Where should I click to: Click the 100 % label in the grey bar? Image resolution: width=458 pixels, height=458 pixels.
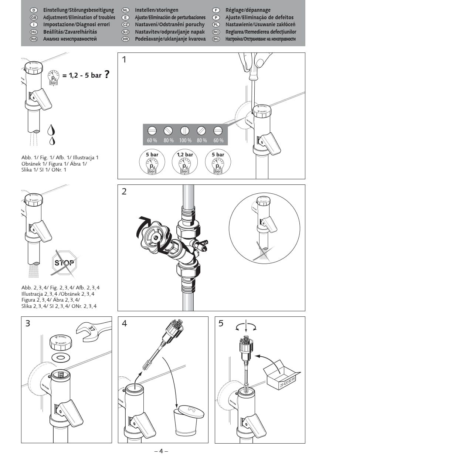point(185,140)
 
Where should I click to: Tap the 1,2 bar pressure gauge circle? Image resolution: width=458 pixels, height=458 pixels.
point(185,162)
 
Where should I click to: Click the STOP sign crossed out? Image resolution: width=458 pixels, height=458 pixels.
point(65,263)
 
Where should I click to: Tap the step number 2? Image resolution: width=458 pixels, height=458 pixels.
point(124,191)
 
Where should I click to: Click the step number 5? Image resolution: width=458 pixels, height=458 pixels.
point(221,323)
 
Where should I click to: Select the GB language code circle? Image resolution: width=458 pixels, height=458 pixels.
point(34,17)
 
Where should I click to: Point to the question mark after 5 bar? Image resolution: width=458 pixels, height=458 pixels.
point(107,75)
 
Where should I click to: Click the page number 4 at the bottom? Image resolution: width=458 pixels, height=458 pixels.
point(161,451)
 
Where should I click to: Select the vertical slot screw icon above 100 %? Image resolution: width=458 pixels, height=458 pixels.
point(184,130)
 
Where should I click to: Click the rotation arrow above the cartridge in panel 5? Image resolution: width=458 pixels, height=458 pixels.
point(246,326)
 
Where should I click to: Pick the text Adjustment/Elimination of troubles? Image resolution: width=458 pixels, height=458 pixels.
point(79,17)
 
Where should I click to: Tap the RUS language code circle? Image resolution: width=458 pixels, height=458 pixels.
point(34,39)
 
